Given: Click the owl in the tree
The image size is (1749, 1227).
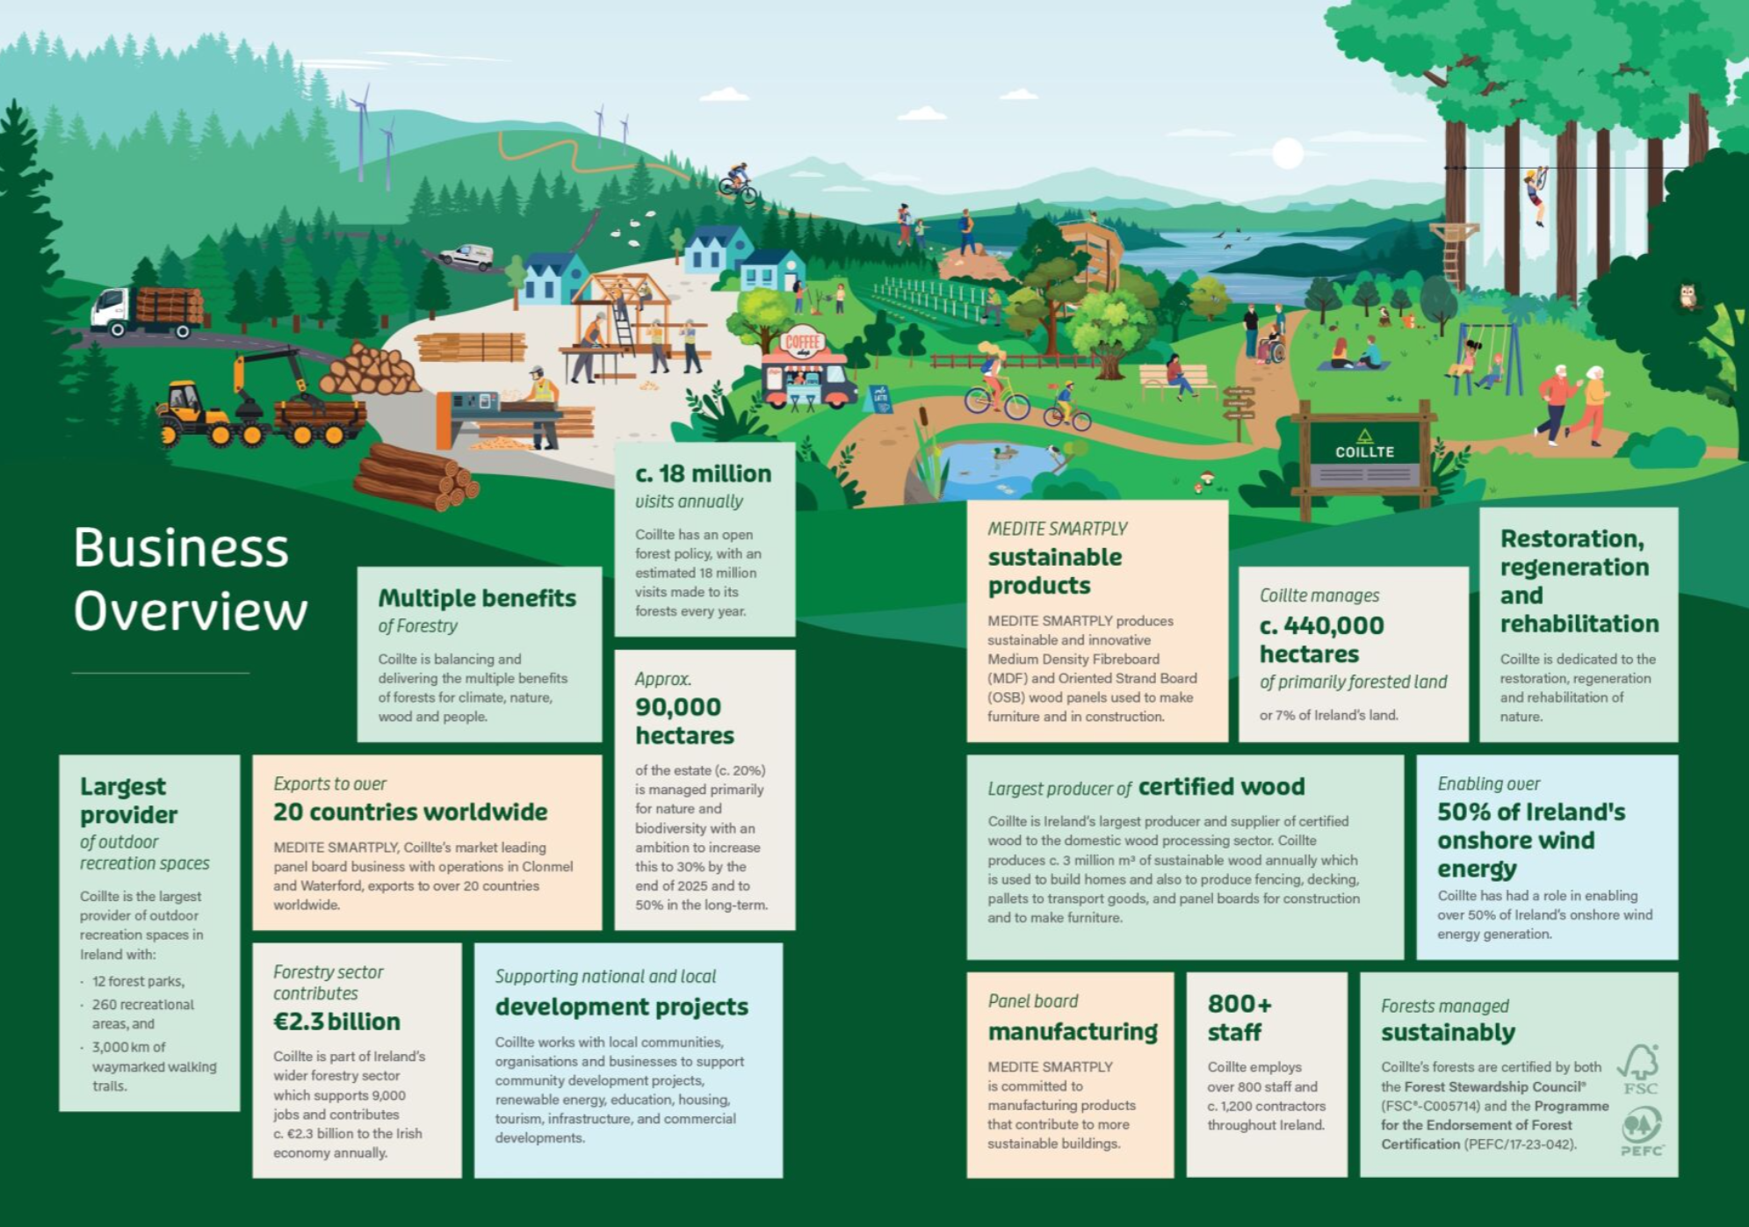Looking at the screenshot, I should pos(1688,296).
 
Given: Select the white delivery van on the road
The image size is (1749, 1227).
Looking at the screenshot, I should pos(466,256).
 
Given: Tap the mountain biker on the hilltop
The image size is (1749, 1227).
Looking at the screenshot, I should pos(737,181).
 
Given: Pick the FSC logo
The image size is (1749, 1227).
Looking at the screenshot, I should pos(1639,1069).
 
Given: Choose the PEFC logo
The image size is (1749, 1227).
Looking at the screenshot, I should pos(1641,1131).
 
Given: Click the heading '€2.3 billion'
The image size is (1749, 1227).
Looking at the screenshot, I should pos(336,1021).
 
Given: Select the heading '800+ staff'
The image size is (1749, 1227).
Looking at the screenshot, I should pos(1239,1018).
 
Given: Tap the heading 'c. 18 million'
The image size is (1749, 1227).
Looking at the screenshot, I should pos(703,474).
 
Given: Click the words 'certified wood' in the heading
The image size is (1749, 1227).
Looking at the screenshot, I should pos(1221,786).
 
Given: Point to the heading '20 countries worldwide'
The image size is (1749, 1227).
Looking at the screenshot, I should pos(410,812).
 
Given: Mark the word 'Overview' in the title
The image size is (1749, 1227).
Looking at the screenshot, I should pos(191,611).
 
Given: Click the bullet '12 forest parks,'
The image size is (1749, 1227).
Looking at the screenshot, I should pos(138,981).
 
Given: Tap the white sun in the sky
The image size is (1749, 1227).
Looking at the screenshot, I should pos(1288,154).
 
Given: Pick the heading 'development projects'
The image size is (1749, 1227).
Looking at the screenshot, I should pos(621,1007).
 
